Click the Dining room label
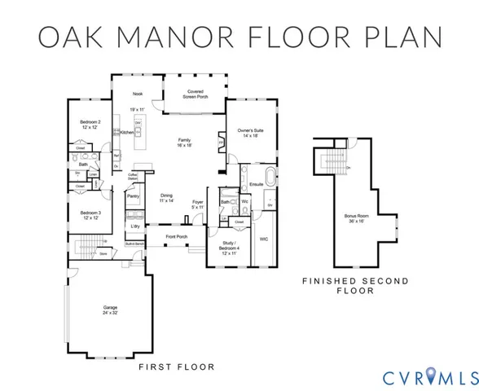[166, 197]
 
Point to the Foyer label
[198, 204]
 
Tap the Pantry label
[133, 196]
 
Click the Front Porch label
[177, 237]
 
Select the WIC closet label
[264, 239]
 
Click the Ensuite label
[256, 184]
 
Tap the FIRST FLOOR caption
[177, 367]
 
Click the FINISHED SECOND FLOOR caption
[355, 285]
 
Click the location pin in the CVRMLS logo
[426, 377]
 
